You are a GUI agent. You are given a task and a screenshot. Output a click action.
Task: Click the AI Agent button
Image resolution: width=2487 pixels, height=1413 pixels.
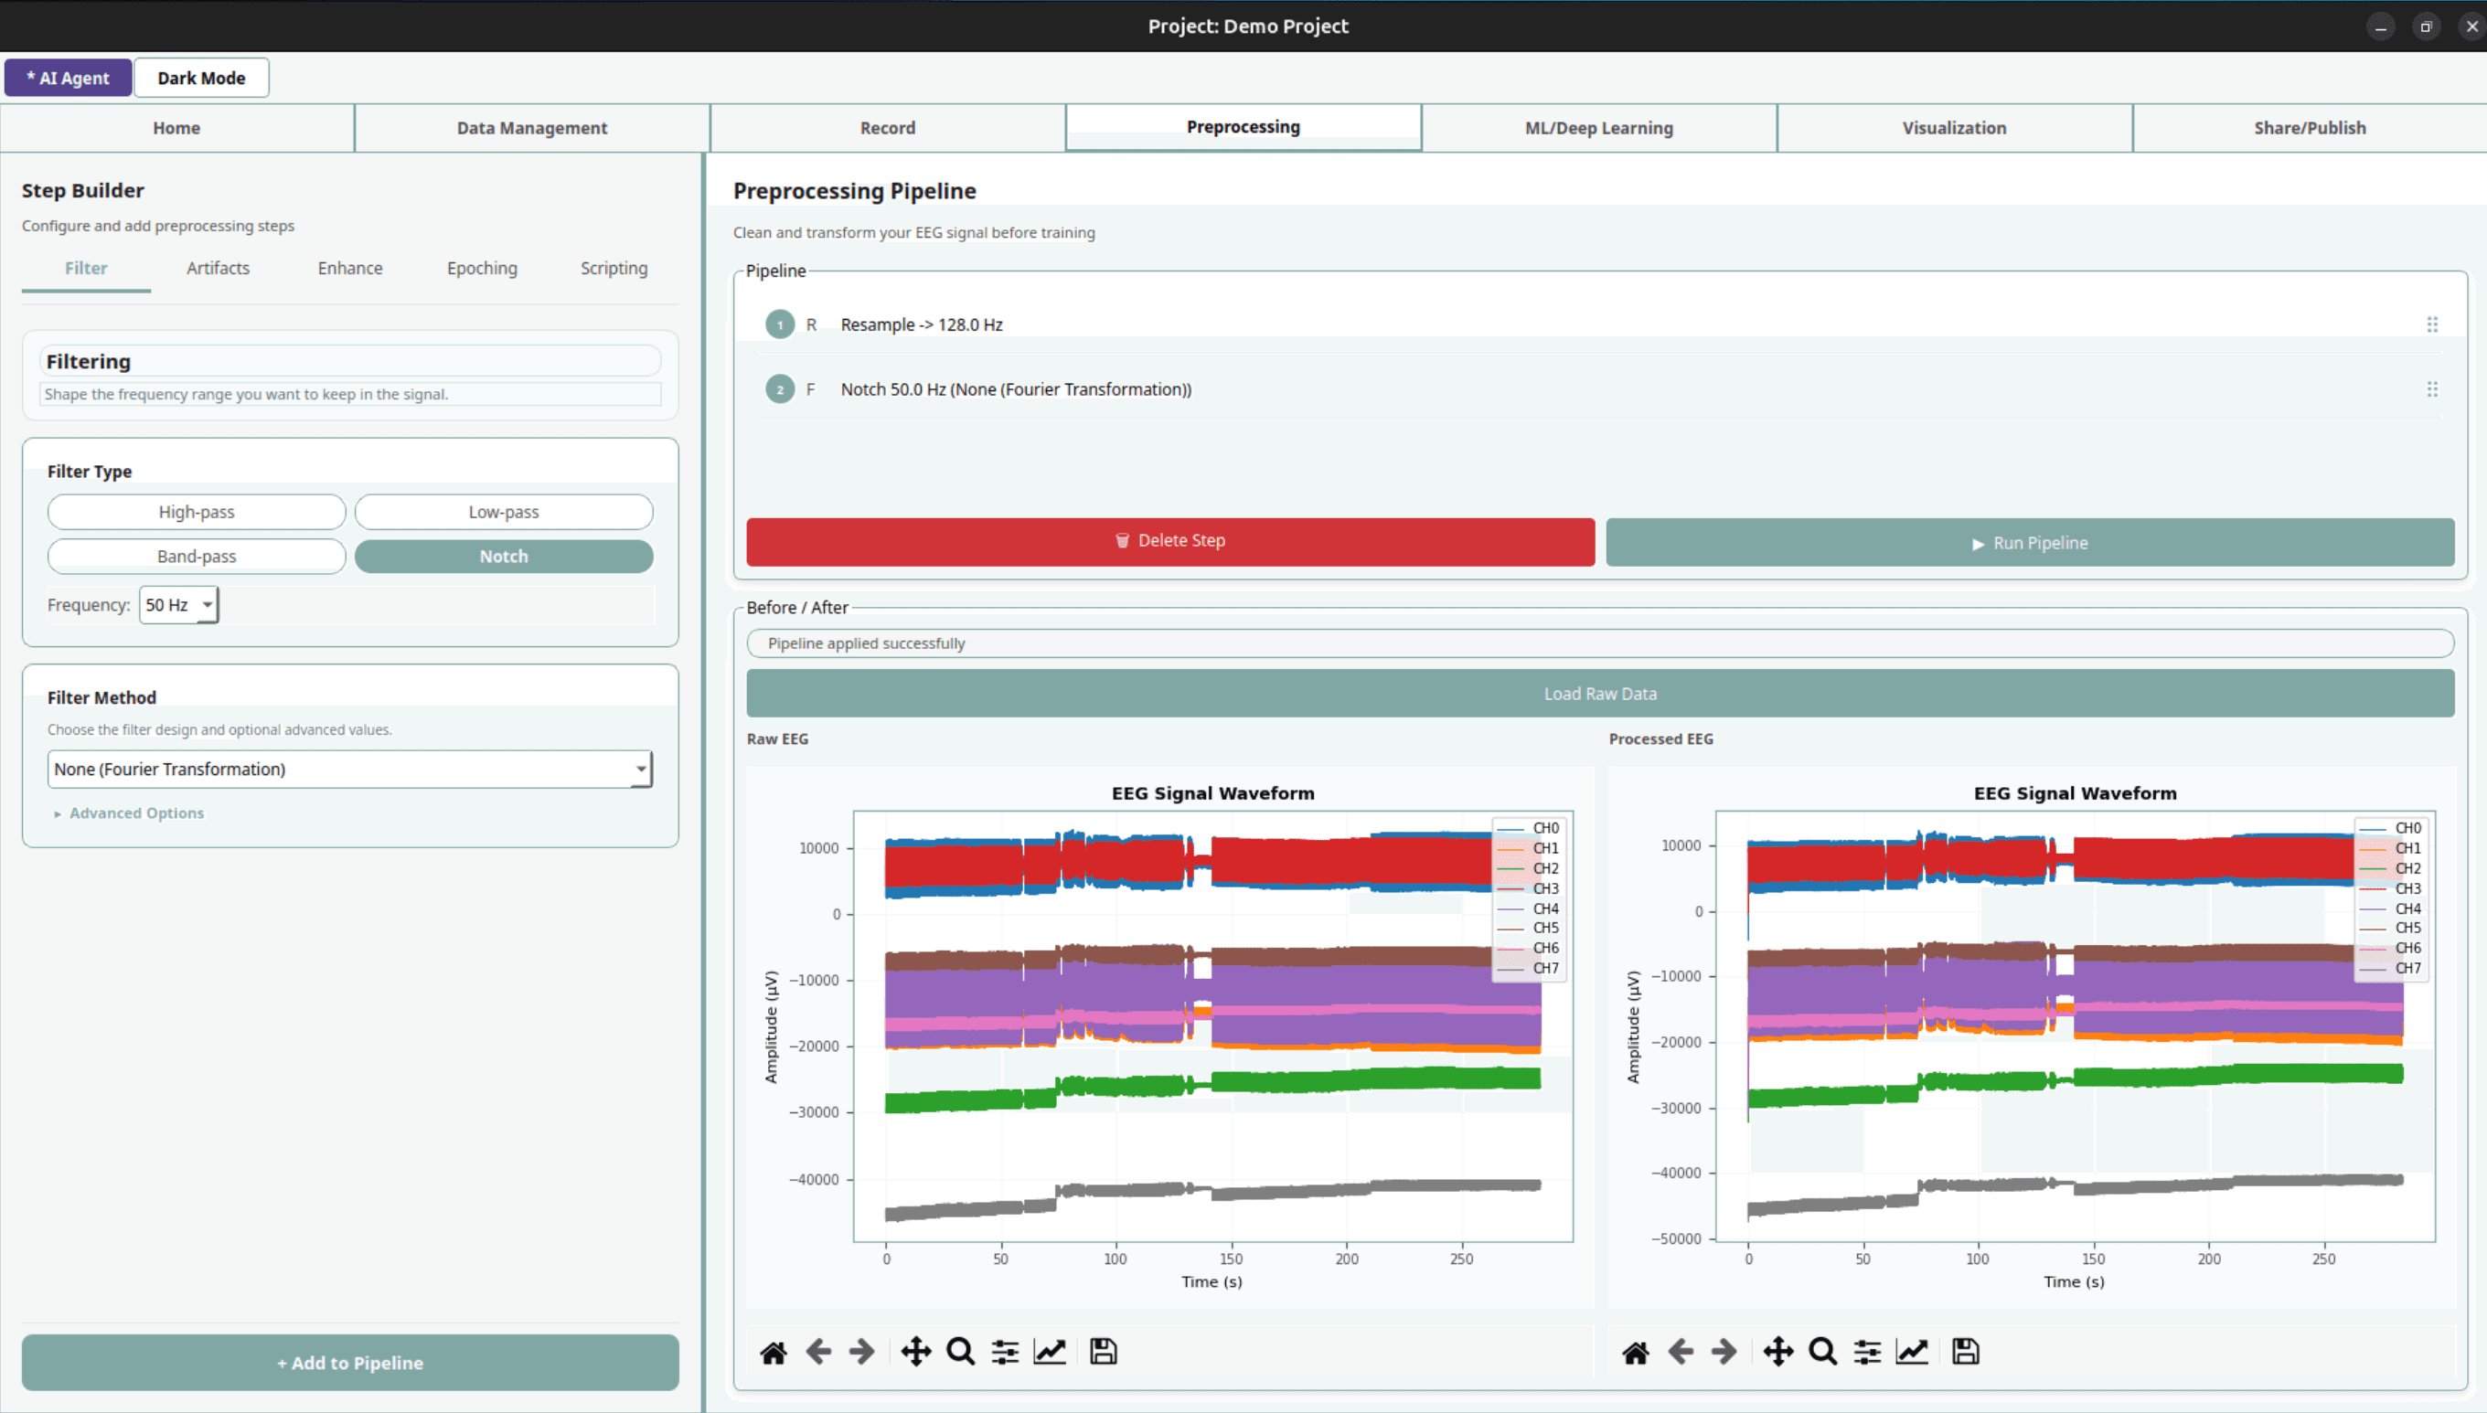(68, 78)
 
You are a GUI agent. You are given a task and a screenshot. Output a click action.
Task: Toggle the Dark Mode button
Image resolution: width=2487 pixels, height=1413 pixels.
(201, 78)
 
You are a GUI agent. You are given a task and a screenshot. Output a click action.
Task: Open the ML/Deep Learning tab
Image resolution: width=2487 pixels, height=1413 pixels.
(1599, 127)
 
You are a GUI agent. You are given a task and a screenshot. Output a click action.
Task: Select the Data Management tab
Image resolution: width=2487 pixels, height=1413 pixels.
(532, 127)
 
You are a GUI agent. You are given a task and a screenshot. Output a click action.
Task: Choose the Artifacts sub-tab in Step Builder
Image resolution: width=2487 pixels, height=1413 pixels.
(218, 268)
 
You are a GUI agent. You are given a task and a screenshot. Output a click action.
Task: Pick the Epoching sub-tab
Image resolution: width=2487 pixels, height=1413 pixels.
(482, 268)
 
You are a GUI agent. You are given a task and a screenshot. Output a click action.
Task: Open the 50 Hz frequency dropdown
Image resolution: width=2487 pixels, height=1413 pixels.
(178, 605)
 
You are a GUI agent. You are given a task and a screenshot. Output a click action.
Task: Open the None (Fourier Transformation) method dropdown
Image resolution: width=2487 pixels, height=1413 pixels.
(349, 769)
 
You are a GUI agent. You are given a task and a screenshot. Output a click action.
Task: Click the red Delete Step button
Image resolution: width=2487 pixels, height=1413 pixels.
(1169, 541)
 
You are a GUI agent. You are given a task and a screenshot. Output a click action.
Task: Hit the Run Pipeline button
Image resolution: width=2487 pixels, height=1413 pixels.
(2030, 543)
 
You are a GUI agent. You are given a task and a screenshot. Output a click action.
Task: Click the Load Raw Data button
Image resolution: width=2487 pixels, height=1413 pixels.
(1600, 693)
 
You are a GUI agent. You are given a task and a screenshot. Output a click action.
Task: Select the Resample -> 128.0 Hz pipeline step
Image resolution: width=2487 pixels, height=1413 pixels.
(922, 324)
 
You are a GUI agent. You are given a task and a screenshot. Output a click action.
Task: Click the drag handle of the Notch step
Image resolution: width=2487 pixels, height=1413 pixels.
(2431, 389)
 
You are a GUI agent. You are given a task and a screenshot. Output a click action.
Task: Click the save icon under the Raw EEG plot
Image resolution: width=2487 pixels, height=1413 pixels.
(1103, 1351)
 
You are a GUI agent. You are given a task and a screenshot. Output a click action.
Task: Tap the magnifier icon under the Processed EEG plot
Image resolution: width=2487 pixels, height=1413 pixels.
(1822, 1351)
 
